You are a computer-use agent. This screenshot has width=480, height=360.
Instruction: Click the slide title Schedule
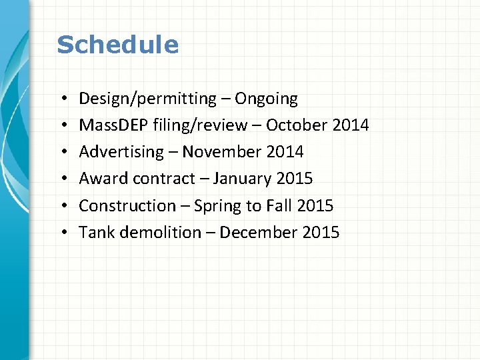[117, 45]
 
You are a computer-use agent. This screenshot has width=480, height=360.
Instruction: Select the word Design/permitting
[147, 99]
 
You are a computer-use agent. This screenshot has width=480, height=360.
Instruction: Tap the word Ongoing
[267, 99]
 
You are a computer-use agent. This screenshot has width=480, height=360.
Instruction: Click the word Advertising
[121, 153]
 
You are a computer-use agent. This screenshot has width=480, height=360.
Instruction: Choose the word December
[258, 232]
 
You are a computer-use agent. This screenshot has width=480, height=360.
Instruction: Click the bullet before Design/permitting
[61, 99]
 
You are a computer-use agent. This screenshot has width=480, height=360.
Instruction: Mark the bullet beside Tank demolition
[61, 233]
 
